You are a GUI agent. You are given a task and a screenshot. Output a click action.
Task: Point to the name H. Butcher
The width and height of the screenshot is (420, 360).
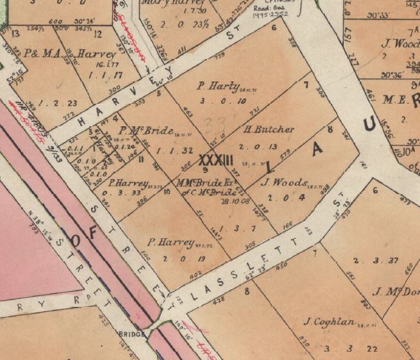[x=269, y=129]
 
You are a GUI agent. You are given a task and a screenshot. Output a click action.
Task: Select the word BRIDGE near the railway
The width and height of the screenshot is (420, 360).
[x=130, y=334]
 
